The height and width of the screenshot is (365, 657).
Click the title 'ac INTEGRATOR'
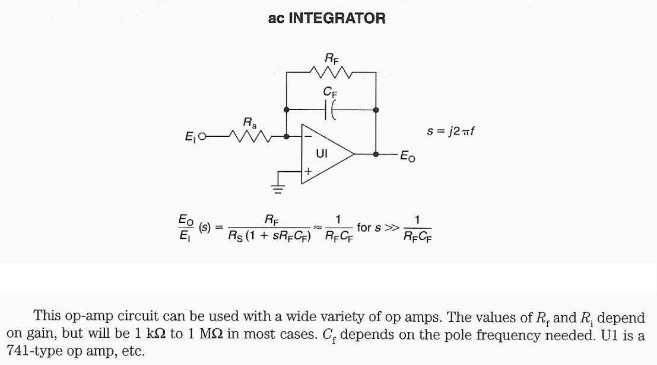pos(326,18)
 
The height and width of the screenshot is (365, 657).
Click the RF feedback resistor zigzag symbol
pos(331,72)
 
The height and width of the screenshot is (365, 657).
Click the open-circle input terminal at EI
pos(202,137)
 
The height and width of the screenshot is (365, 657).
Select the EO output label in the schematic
pos(408,156)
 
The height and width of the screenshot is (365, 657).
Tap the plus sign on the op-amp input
pos(308,171)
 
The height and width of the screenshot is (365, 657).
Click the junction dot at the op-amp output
pos(376,153)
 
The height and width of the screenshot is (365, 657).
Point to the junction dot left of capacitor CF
pos(287,110)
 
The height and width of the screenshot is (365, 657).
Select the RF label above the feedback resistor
pos(332,58)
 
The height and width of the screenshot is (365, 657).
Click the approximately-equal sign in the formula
pos(318,226)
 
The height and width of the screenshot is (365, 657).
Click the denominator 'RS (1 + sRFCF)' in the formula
pos(271,236)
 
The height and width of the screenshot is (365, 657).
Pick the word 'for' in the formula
pos(364,227)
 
